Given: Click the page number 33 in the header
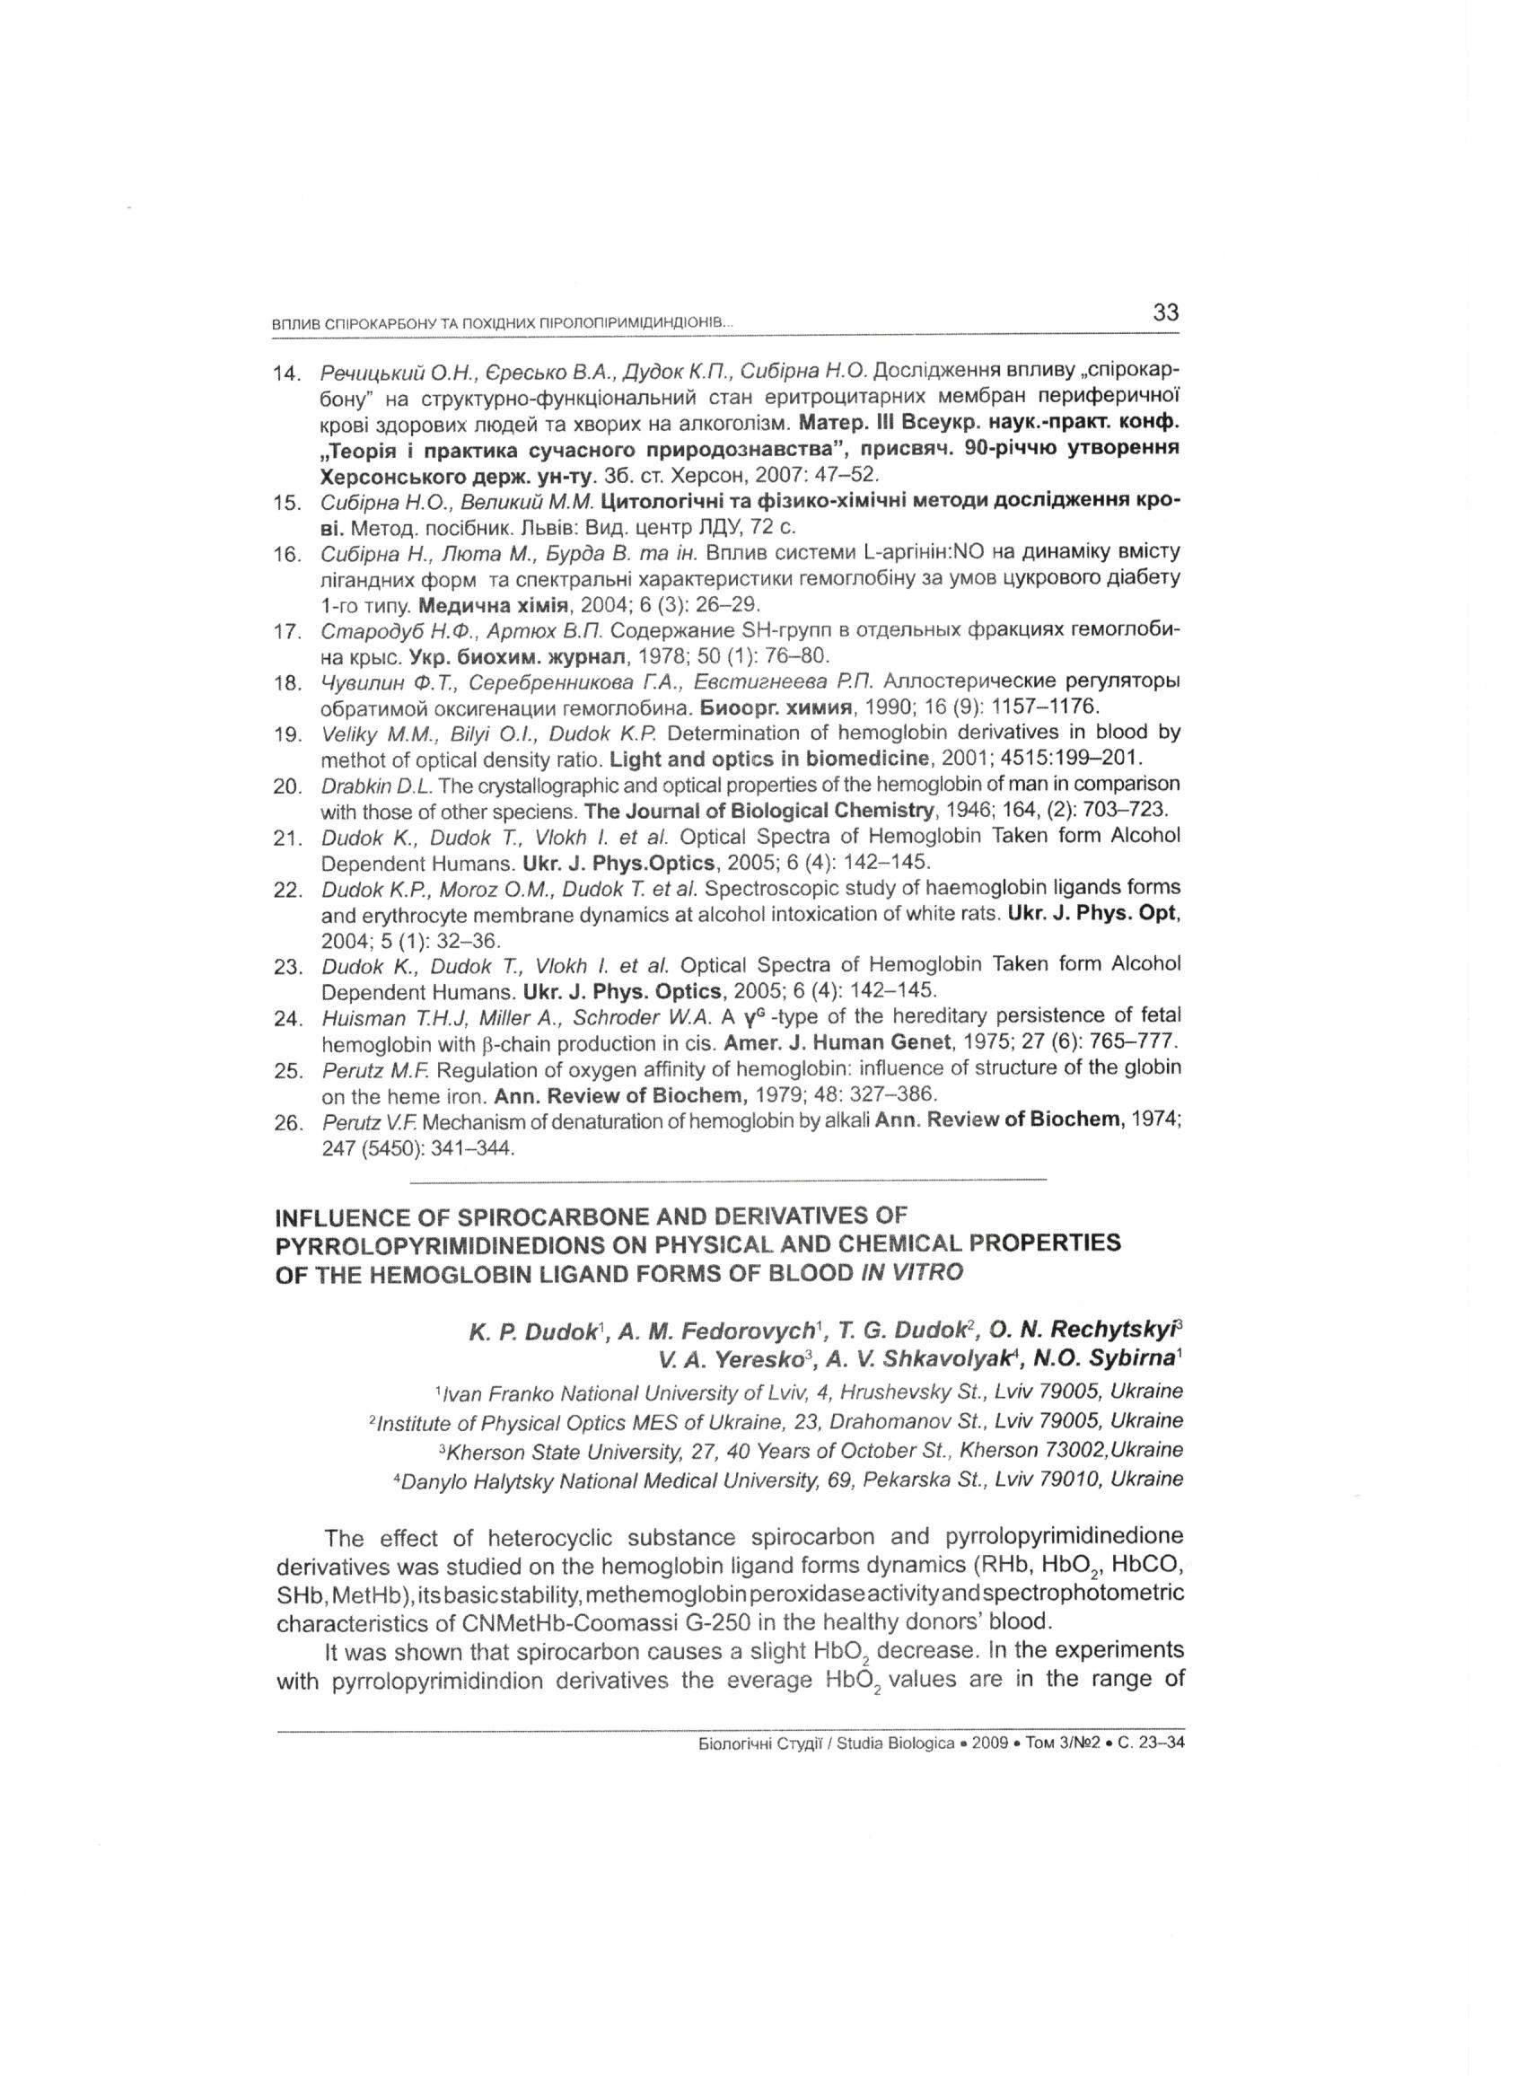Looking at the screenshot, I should pos(1165,312).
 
